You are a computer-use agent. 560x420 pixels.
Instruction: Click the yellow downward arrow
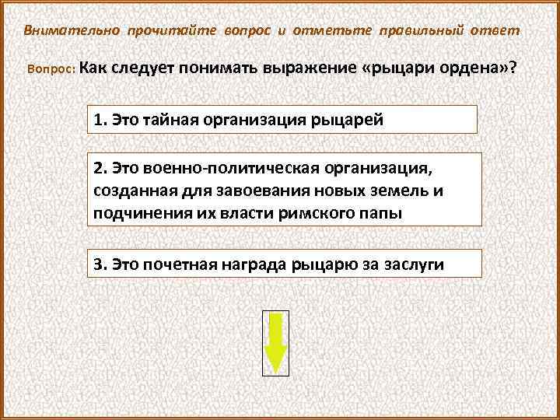pyautogui.click(x=276, y=343)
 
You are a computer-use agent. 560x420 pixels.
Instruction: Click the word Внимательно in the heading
pyautogui.click(x=72, y=30)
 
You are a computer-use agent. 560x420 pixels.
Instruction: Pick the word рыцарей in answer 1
pyautogui.click(x=346, y=121)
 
